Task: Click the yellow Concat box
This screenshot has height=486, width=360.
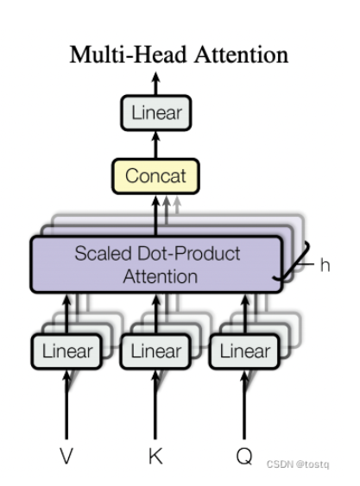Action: [155, 176]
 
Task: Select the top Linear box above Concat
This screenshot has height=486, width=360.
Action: [156, 112]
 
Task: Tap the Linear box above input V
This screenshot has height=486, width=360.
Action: [66, 351]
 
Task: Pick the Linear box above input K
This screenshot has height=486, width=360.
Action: [155, 351]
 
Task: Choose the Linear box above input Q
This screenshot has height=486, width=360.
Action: [244, 351]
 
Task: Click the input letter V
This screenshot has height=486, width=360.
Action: [66, 456]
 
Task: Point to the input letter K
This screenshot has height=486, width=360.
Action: [155, 456]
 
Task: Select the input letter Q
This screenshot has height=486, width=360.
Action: [244, 457]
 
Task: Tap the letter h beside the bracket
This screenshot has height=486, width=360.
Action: [325, 265]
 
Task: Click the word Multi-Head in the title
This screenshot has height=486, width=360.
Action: [128, 54]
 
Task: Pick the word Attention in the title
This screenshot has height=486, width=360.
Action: [242, 54]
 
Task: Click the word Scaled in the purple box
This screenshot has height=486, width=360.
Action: [104, 254]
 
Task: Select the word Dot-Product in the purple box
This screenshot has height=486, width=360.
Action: [189, 254]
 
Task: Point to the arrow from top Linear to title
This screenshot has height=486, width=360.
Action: [155, 84]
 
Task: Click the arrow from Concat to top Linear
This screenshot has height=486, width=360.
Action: [155, 144]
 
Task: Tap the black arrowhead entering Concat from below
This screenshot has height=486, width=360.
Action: [155, 201]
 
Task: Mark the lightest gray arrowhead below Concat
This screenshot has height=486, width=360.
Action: [177, 200]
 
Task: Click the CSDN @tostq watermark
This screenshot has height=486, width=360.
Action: [298, 464]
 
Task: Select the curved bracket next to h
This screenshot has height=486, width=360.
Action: [294, 262]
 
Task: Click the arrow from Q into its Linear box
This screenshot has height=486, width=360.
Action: [244, 404]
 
